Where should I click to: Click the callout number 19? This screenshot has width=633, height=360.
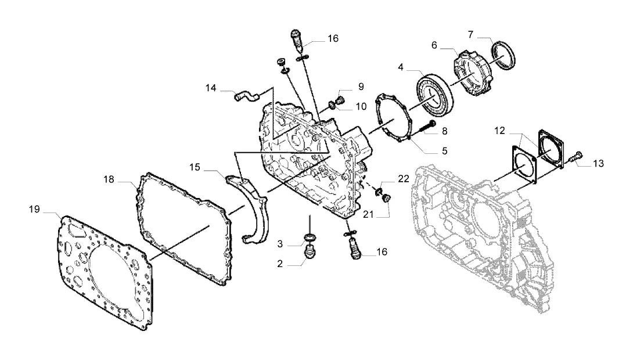(x=34, y=209)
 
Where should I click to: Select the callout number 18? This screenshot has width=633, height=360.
(x=109, y=179)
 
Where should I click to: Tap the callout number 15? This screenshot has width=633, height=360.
(x=195, y=167)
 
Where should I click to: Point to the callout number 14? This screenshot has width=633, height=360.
(x=211, y=88)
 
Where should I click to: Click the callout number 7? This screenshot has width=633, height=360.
(x=470, y=35)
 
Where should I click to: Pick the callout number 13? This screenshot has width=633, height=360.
(x=598, y=164)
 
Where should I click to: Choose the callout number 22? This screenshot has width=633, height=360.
(x=404, y=179)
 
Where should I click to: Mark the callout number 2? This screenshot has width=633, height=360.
(x=280, y=264)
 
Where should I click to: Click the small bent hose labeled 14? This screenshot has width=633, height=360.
(x=246, y=96)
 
